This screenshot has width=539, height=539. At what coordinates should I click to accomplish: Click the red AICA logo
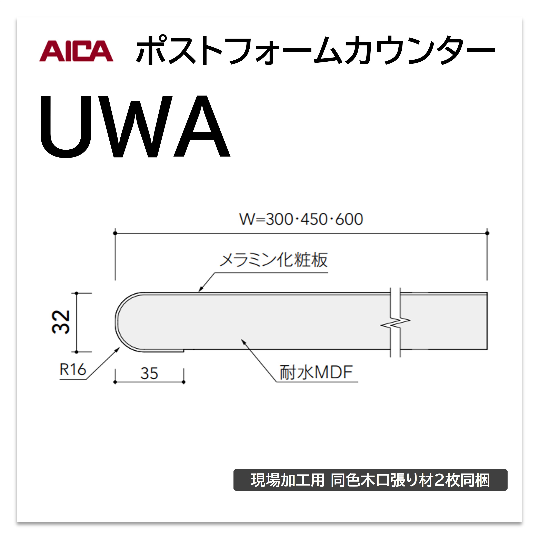pyautogui.click(x=76, y=51)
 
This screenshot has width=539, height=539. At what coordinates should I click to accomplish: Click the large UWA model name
pyautogui.click(x=135, y=126)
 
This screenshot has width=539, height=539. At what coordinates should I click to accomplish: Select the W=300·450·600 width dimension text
pyautogui.click(x=301, y=219)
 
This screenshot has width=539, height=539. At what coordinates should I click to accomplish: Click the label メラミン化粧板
pyautogui.click(x=274, y=260)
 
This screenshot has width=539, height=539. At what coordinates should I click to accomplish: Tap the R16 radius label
pyautogui.click(x=73, y=370)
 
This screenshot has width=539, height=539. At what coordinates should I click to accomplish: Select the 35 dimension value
pyautogui.click(x=149, y=373)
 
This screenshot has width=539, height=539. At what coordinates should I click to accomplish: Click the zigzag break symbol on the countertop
pyautogui.click(x=395, y=322)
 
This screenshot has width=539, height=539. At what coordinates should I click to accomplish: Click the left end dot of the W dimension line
pyautogui.click(x=115, y=233)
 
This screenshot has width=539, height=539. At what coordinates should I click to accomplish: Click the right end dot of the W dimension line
pyautogui.click(x=487, y=233)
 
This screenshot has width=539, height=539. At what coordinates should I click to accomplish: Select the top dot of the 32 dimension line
pyautogui.click(x=77, y=293)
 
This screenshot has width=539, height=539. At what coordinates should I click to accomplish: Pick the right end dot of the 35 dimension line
pyautogui.click(x=183, y=382)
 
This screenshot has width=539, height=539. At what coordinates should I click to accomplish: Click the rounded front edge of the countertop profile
pyautogui.click(x=117, y=322)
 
